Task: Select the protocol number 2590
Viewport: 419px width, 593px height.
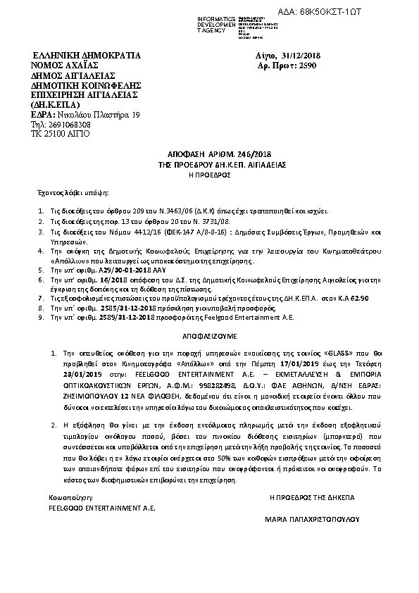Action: click(308, 65)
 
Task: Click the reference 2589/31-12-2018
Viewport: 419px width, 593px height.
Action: click(106, 317)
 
